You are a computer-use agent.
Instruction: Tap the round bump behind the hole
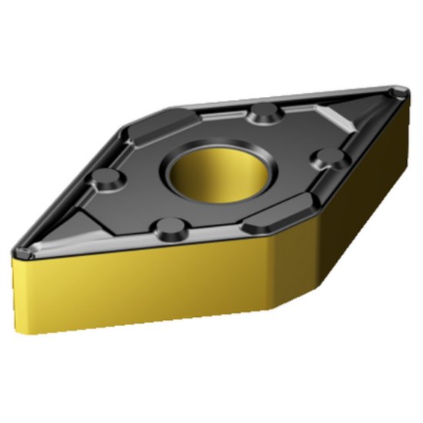(265, 112)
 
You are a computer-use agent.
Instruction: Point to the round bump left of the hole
(105, 182)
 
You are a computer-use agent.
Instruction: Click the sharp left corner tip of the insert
(17, 254)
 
